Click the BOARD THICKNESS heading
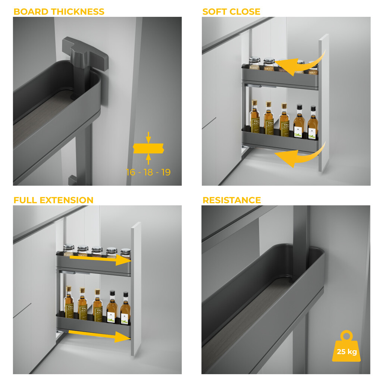59,12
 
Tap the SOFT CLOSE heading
231,12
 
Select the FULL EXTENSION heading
53,200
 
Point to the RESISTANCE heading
232,200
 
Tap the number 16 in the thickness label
131,172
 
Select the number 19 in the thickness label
166,172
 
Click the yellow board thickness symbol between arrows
148,148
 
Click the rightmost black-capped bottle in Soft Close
313,123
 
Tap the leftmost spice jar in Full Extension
68,250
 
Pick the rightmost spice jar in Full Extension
126,253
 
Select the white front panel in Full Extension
136,289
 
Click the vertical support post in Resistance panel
301,239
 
